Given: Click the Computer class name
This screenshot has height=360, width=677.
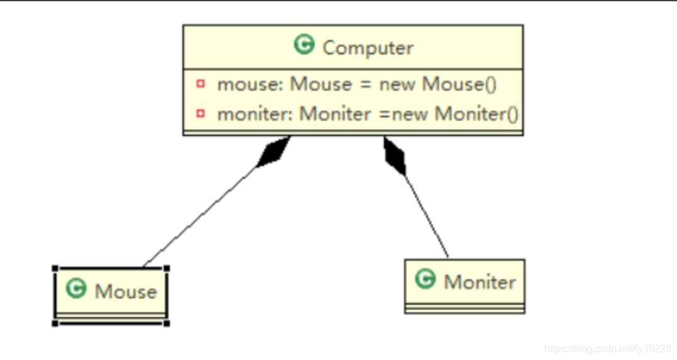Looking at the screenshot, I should point(368,48).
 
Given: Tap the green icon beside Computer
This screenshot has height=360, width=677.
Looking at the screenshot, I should point(304,45).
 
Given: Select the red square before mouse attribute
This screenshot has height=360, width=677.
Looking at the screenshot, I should point(200,83).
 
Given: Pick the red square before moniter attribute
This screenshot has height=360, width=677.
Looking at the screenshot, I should point(200,113).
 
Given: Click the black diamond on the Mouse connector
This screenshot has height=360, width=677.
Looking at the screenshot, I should point(274,152).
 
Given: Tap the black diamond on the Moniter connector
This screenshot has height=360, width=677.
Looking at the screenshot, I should point(394,155).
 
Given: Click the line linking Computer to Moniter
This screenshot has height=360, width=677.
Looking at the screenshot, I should point(427,214).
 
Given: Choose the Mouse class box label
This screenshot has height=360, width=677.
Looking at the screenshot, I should point(126,291).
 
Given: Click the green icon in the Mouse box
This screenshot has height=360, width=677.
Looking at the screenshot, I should point(76,289).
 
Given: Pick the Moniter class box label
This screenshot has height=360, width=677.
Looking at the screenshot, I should point(480,282).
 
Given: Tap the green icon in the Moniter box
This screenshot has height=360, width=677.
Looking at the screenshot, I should point(425,279).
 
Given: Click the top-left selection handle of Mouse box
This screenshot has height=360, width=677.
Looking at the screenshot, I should point(55,269).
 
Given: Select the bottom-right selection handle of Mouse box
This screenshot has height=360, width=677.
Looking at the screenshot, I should point(166,323).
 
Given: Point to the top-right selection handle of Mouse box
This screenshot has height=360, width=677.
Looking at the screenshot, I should point(166,269).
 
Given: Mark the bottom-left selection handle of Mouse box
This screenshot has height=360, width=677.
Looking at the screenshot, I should point(55,323).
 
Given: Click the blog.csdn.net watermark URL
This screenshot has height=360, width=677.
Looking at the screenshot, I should point(607,348).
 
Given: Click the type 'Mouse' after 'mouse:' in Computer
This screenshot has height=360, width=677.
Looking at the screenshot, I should point(321,84).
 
